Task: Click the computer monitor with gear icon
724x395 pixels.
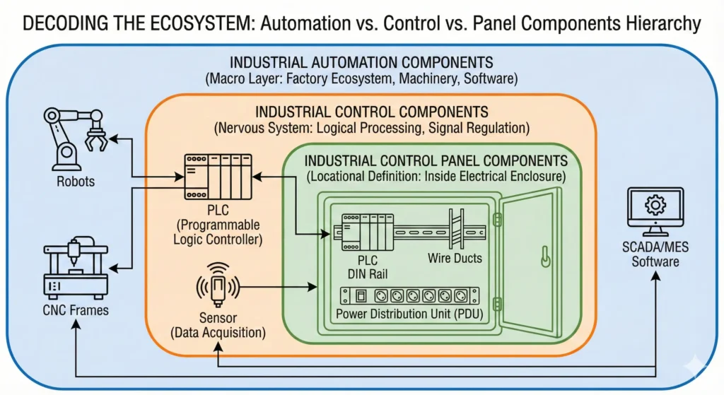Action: (655, 210)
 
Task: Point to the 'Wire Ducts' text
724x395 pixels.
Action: (455, 259)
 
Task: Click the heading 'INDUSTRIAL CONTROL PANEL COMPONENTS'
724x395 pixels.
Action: (436, 160)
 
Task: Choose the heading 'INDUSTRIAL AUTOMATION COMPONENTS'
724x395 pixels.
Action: (361, 62)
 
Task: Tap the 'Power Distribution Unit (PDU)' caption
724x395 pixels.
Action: (409, 314)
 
